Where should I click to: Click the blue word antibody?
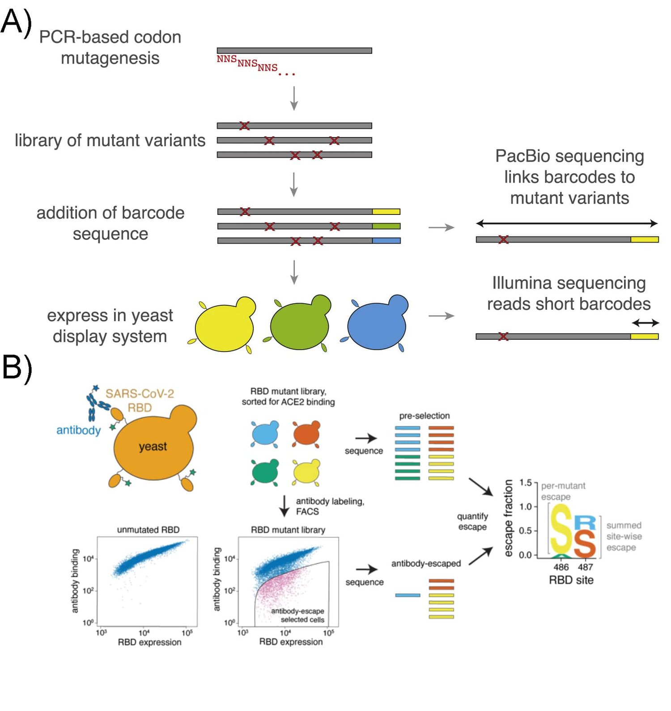pos(78,430)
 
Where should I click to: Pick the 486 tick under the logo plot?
pos(561,567)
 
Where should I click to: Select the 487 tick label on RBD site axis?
pos(585,567)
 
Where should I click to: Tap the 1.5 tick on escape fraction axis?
pos(525,483)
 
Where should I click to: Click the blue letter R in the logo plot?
pos(585,523)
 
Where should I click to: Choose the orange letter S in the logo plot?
pos(585,544)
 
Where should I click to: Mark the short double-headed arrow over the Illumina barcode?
pos(645,322)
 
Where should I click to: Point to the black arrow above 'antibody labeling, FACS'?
pos(284,506)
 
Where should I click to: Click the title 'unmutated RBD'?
pos(148,530)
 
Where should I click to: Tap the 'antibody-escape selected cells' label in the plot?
pos(298,615)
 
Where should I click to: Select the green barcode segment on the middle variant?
pos(386,226)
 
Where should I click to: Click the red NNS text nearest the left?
pos(226,59)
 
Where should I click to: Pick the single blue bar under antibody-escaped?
pos(408,595)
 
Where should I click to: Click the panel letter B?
pos(17,368)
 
